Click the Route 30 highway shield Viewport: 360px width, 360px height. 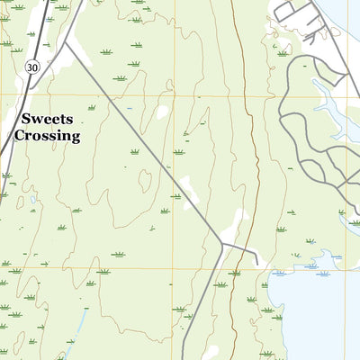[32, 67]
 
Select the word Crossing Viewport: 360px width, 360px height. [48, 137]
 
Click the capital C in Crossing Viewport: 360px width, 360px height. [20, 137]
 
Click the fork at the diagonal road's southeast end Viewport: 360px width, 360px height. [221, 243]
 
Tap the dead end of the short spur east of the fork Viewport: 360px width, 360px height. [258, 265]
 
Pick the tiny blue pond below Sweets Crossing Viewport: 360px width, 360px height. [32, 200]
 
